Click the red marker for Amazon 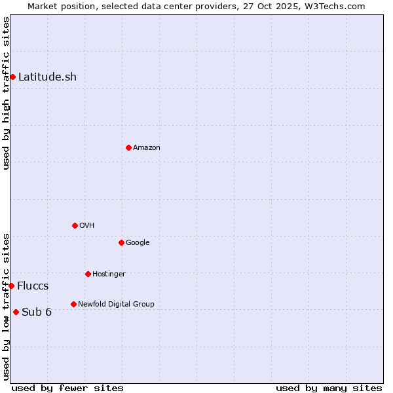[x=128, y=147]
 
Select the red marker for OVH [x=75, y=225]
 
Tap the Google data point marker [x=121, y=242]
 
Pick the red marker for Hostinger [x=88, y=274]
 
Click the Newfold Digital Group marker [x=73, y=304]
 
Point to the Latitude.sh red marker [x=12, y=77]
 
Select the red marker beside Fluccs [x=11, y=286]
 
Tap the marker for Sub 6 [x=16, y=312]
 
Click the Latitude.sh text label [x=47, y=77]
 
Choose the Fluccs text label [x=33, y=286]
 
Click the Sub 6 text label [x=37, y=312]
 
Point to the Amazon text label [x=147, y=147]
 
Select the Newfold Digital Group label [x=116, y=304]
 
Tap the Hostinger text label [x=109, y=274]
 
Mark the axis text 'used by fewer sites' [x=67, y=388]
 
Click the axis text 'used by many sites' [x=329, y=388]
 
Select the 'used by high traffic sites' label [x=6, y=93]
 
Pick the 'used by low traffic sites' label [x=6, y=306]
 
